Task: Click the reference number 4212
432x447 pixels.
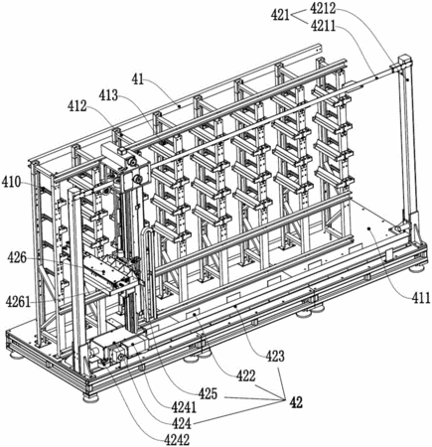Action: tap(323, 8)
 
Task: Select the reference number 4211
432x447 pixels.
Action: tap(323, 26)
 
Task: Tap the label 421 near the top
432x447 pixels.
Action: tap(281, 15)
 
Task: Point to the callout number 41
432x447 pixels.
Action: tap(138, 79)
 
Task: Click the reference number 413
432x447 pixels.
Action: tap(109, 95)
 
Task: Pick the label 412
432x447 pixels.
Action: tap(77, 106)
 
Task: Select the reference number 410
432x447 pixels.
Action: tap(12, 182)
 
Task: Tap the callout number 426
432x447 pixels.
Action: tap(16, 258)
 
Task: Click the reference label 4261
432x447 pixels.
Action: tap(19, 302)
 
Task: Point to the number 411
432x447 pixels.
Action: tap(421, 299)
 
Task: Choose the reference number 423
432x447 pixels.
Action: tap(275, 357)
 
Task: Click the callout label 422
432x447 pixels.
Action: tap(245, 375)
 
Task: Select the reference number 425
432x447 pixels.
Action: tap(208, 394)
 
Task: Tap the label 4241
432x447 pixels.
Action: tap(184, 407)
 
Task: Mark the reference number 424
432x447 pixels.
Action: tap(181, 423)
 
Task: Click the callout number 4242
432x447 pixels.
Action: tap(177, 440)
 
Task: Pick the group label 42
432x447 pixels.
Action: tap(296, 402)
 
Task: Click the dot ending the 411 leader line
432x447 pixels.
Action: tap(369, 228)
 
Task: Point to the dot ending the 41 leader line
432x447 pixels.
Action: tap(179, 106)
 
